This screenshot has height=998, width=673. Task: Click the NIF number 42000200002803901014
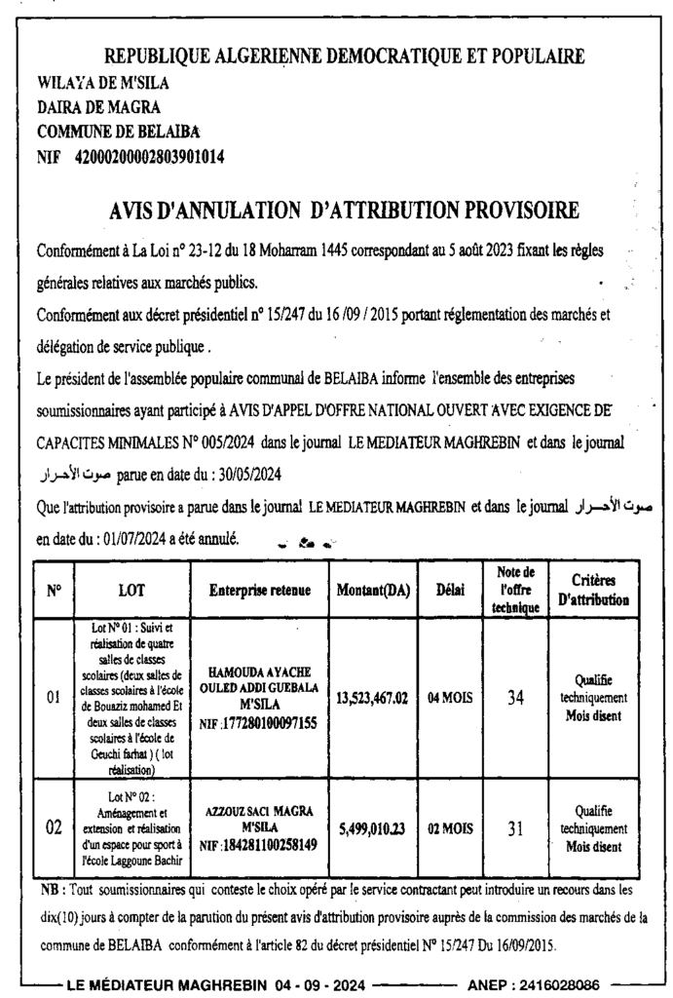(x=149, y=155)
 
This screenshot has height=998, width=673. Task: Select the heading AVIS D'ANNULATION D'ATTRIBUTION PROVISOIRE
(x=345, y=210)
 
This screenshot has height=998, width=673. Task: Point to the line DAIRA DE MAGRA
(x=98, y=106)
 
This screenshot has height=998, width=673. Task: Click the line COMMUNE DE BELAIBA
(x=119, y=131)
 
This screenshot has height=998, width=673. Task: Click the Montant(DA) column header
(x=372, y=591)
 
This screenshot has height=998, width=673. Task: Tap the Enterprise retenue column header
(x=259, y=591)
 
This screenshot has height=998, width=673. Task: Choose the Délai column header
(x=450, y=591)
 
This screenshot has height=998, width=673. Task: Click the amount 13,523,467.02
(x=372, y=699)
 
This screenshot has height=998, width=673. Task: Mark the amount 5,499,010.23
(x=372, y=828)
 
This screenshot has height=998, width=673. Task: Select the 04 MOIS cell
(x=450, y=699)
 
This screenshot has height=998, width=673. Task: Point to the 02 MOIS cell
(x=450, y=828)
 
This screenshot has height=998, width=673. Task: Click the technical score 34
(x=515, y=698)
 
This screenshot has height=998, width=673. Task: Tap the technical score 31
(x=515, y=828)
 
